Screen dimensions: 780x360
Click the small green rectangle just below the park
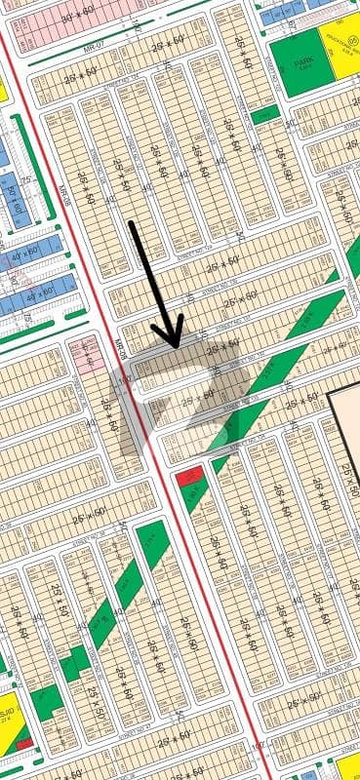[264, 116]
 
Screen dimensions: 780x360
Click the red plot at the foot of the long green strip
[186, 478]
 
